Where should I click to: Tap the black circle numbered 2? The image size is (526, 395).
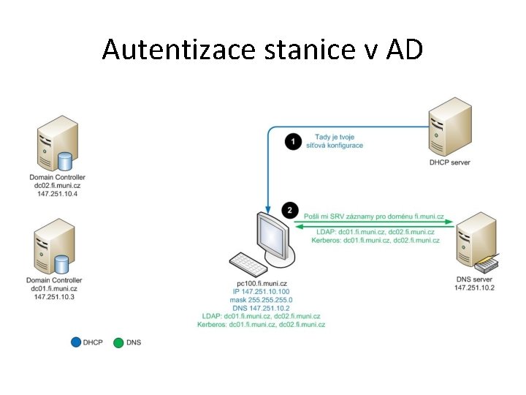pos(291,211)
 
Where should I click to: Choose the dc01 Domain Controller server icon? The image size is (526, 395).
pos(56,247)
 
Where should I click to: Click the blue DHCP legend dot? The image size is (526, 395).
pos(76,342)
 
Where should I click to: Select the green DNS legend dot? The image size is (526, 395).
pos(118,342)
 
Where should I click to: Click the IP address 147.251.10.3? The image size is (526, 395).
pos(55,297)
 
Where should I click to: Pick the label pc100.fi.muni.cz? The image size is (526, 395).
pos(262,283)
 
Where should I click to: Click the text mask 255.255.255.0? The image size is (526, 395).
pos(262,300)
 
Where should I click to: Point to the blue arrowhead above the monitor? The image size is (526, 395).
pos(269,206)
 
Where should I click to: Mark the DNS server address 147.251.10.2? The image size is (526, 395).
pos(474,287)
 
